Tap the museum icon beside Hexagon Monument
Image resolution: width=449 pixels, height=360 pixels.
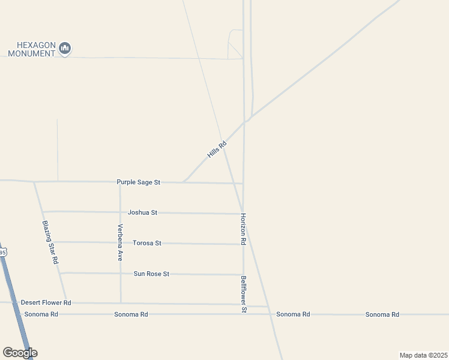(65, 48)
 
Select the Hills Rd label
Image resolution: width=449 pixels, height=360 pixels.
(217, 149)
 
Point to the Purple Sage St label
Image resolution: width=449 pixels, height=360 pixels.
(139, 182)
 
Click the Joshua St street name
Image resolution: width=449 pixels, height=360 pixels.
(142, 212)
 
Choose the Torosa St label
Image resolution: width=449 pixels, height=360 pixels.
(147, 243)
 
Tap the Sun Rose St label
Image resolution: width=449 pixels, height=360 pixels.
(151, 274)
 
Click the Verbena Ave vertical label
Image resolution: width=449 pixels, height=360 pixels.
(120, 242)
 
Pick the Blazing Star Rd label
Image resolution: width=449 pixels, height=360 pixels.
(50, 242)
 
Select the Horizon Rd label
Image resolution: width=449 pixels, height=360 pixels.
(243, 229)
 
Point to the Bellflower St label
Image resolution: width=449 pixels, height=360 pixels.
(244, 294)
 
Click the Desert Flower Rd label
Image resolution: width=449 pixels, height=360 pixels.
(46, 302)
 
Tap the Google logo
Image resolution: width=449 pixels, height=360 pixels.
(20, 353)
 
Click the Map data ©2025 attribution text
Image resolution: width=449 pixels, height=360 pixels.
(423, 355)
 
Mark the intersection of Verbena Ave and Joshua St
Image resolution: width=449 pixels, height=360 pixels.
(120, 212)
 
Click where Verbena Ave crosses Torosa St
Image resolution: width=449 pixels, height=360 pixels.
(120, 242)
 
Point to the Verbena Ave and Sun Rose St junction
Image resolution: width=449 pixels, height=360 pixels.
(120, 274)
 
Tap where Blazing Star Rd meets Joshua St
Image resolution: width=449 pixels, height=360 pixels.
(43, 211)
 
